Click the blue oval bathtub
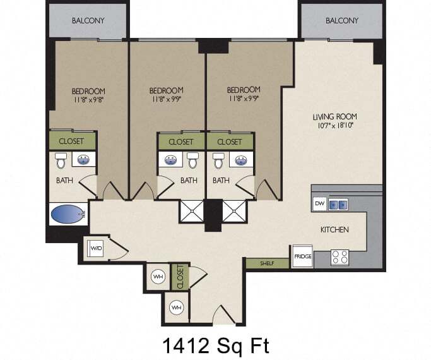click(x=68, y=214)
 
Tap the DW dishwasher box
click(x=320, y=204)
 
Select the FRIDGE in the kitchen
click(x=303, y=256)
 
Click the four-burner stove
click(x=339, y=258)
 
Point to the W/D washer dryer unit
click(x=96, y=248)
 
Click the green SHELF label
click(x=267, y=263)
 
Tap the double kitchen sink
click(x=338, y=205)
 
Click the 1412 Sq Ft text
click(x=216, y=345)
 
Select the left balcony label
click(x=88, y=21)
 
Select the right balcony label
click(x=342, y=21)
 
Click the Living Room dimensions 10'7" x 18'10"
click(x=335, y=126)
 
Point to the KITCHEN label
click(x=334, y=229)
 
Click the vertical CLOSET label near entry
click(x=180, y=277)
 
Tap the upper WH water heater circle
click(x=158, y=277)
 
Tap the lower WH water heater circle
click(x=177, y=308)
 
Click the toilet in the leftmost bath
click(x=61, y=160)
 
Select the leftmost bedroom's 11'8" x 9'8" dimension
click(x=88, y=100)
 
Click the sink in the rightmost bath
click(x=241, y=160)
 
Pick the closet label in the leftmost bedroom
click(x=71, y=141)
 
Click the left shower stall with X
click(x=192, y=211)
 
